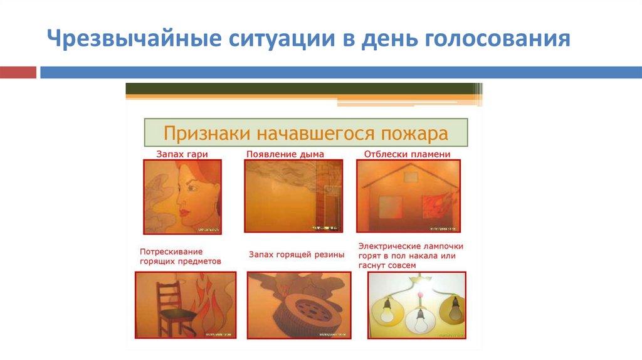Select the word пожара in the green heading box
tap(415, 134)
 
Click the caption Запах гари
tap(182, 154)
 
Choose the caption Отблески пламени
tap(408, 154)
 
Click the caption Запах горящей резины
tap(297, 255)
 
